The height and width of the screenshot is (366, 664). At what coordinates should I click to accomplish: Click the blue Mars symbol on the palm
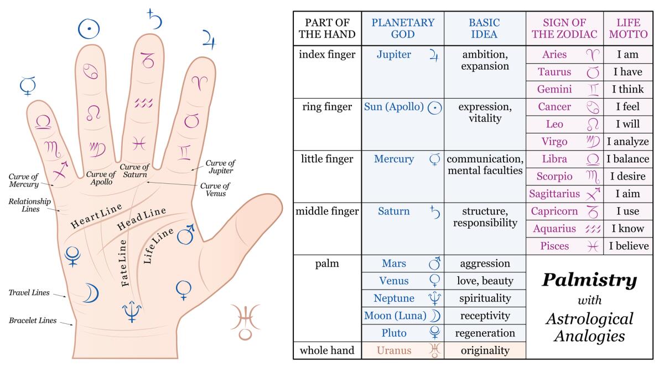(186, 234)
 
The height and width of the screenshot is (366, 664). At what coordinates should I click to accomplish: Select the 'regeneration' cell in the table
(485, 333)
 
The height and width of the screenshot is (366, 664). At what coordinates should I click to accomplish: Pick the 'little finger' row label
(326, 159)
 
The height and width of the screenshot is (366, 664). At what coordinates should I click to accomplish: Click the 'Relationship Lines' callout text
(29, 206)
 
